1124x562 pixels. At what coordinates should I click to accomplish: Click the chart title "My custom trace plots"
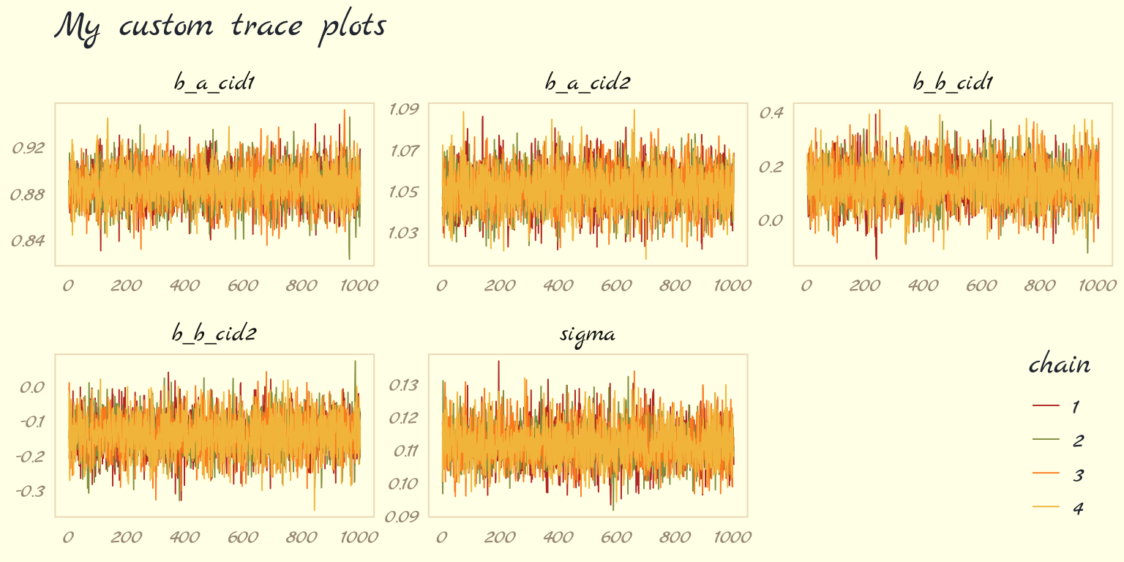220,27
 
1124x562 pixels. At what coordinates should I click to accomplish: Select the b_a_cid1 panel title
214,83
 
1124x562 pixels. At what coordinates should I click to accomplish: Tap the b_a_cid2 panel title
588,83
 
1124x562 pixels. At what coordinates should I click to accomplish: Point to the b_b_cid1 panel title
953,83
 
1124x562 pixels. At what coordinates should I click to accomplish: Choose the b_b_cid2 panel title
214,334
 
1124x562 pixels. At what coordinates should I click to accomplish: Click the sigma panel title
588,335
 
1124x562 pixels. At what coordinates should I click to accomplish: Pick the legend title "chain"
1060,365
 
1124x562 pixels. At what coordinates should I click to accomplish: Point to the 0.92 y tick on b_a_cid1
29,149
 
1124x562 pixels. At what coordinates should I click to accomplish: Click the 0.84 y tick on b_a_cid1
29,241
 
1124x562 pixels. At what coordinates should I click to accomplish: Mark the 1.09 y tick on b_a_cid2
403,110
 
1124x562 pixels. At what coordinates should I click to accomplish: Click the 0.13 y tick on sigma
403,385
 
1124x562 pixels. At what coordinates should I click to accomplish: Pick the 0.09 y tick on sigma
403,517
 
